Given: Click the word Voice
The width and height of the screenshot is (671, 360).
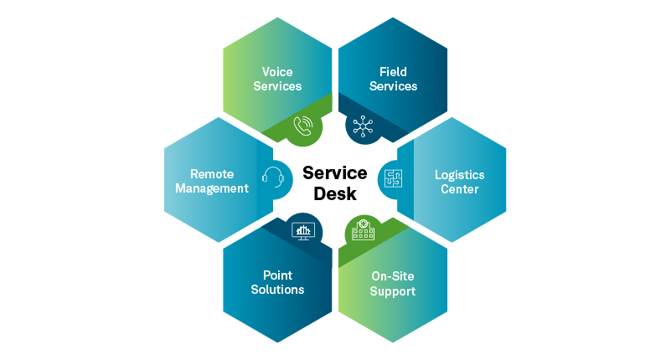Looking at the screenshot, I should (x=277, y=72).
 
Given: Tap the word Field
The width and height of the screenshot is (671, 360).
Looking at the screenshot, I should (x=393, y=72).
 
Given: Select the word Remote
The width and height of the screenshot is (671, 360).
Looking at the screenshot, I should (x=212, y=174).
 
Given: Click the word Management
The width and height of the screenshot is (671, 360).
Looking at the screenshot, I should (x=212, y=188).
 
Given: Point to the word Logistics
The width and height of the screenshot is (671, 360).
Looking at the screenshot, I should (x=459, y=175).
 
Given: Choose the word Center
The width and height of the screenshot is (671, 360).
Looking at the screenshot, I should (x=459, y=189).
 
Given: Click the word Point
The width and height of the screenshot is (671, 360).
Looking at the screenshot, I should (x=277, y=275).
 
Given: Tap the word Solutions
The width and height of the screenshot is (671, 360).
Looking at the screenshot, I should (x=277, y=290).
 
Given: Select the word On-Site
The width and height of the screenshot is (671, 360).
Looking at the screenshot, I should (x=393, y=276).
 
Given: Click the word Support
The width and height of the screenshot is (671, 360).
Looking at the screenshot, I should (x=393, y=291).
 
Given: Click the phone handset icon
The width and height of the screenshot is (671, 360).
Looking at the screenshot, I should (x=303, y=126).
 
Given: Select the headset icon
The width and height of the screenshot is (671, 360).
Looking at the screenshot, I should (x=273, y=177).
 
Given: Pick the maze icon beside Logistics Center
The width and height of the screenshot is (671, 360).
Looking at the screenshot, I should (x=393, y=177).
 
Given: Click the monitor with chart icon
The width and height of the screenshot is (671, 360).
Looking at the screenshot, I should (x=302, y=229).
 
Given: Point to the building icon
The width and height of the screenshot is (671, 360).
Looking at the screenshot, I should (x=363, y=229).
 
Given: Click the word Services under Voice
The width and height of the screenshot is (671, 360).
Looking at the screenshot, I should (x=277, y=86).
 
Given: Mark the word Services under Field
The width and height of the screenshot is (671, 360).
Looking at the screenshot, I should (x=393, y=86).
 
